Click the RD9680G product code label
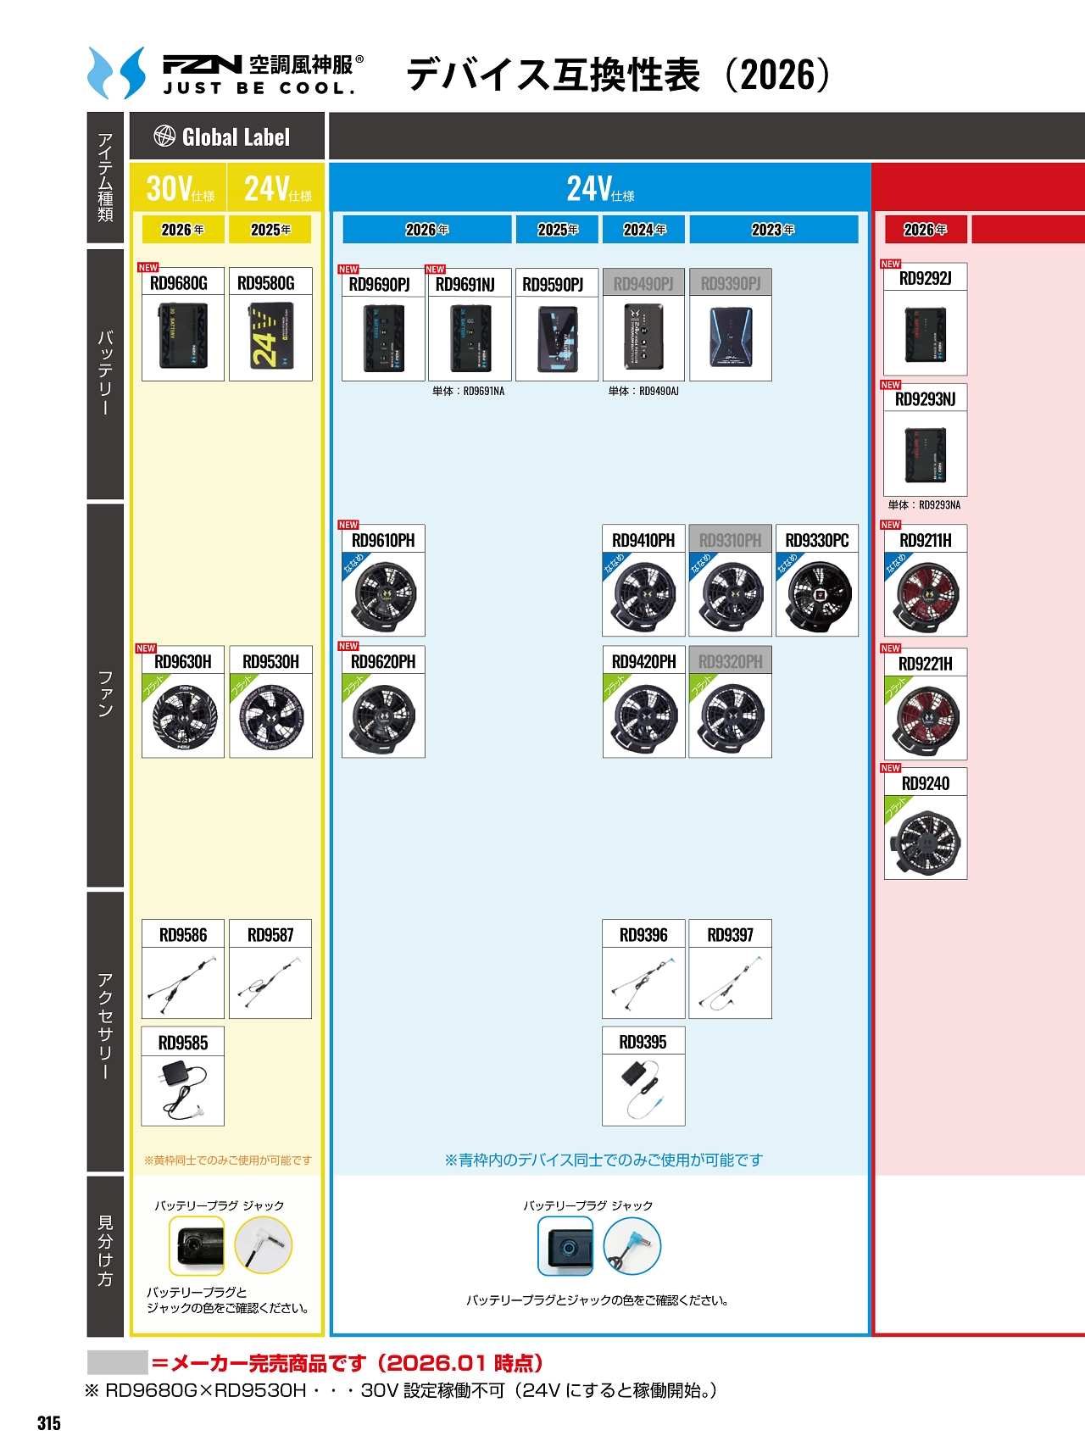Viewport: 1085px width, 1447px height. coord(179,283)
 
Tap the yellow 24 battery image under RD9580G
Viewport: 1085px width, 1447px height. coord(271,337)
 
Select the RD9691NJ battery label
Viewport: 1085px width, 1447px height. coord(465,285)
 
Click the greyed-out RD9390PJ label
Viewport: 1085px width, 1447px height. coord(731,284)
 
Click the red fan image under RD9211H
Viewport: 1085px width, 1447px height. coord(926,593)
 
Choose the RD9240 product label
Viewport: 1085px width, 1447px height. coord(926,784)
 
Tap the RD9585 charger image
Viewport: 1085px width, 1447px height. coord(183,1090)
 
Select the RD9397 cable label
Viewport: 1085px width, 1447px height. coord(731,935)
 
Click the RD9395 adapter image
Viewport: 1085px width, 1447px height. coord(643,1090)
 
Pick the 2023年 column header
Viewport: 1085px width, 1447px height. coord(773,230)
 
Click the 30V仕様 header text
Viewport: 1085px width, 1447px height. coord(180,189)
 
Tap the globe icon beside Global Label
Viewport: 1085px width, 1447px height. coord(164,136)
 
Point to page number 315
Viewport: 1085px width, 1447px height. coord(49,1423)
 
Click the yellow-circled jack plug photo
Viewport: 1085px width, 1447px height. coord(264,1245)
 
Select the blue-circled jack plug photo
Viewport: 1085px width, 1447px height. coord(632,1246)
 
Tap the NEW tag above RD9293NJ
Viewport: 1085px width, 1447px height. coord(891,385)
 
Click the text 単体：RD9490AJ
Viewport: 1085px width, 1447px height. coord(643,392)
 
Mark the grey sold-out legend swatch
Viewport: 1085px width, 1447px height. coord(117,1362)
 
